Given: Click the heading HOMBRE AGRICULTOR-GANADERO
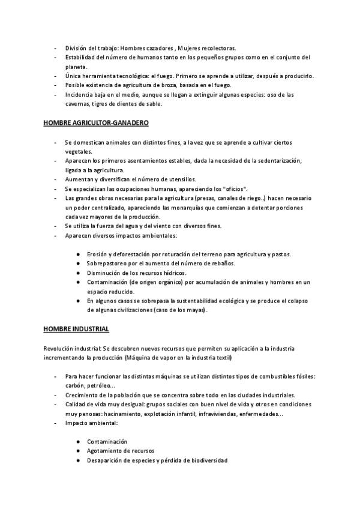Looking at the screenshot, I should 96,123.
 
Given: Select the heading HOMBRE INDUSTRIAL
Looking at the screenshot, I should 76,329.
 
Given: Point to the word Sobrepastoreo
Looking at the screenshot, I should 109,264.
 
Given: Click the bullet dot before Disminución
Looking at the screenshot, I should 79,273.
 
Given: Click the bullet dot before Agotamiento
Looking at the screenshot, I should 79,451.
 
